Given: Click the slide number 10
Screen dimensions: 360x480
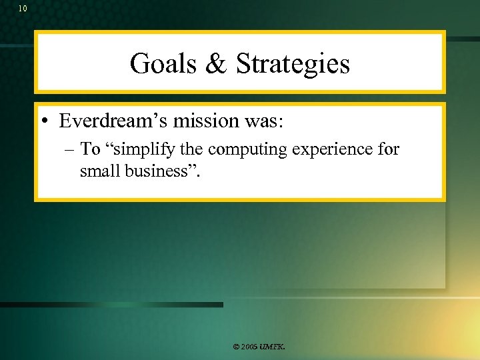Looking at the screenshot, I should click(x=23, y=9).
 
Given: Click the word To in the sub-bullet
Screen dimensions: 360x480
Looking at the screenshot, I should click(x=90, y=149).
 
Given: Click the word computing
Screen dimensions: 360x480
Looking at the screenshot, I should click(x=245, y=149).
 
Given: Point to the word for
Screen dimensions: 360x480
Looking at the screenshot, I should click(x=388, y=149).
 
